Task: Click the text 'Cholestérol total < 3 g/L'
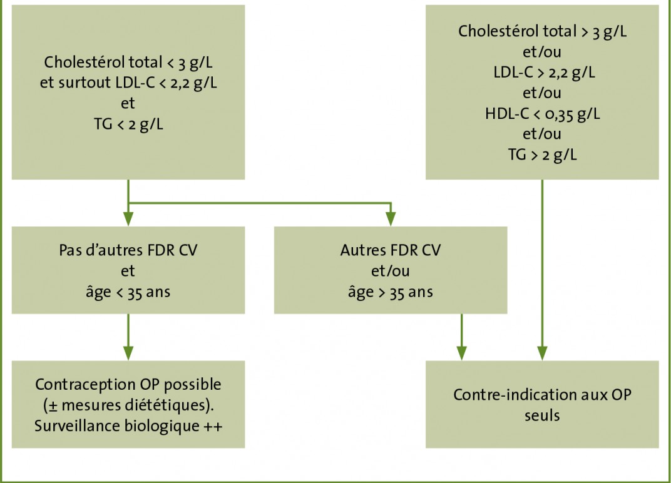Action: (128, 63)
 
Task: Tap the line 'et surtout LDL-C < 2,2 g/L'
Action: (128, 83)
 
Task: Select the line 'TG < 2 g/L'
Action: (128, 124)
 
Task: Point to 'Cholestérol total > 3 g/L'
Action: (542, 32)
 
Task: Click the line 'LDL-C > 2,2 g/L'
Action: (542, 73)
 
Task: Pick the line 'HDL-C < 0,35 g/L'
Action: (542, 114)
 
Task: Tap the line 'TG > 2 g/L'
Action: (542, 155)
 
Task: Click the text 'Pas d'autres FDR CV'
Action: (128, 250)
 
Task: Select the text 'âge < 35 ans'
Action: (128, 292)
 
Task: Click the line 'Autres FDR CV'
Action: (391, 250)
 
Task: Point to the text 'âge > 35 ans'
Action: (391, 292)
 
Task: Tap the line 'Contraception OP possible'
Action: (128, 385)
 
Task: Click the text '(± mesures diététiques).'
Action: (128, 405)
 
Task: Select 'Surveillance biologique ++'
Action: (128, 425)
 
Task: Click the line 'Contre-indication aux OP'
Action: (542, 395)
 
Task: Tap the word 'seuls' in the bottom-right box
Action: (542, 415)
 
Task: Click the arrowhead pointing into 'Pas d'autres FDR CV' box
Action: (128, 219)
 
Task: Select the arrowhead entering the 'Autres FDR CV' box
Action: (391, 219)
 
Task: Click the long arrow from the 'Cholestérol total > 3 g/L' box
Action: (542, 270)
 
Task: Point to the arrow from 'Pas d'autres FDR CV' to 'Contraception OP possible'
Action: (128, 337)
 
